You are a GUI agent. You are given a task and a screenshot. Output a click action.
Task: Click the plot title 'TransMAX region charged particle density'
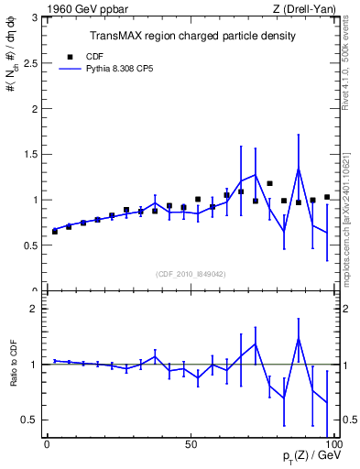(x=191, y=36)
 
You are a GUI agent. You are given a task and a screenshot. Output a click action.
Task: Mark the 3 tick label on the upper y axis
(x=36, y=16)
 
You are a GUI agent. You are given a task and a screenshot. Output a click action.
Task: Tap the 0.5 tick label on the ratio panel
(x=30, y=420)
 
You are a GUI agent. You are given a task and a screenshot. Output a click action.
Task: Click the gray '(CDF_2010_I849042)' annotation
(x=191, y=274)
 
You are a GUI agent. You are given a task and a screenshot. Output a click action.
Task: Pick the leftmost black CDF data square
(x=55, y=231)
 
